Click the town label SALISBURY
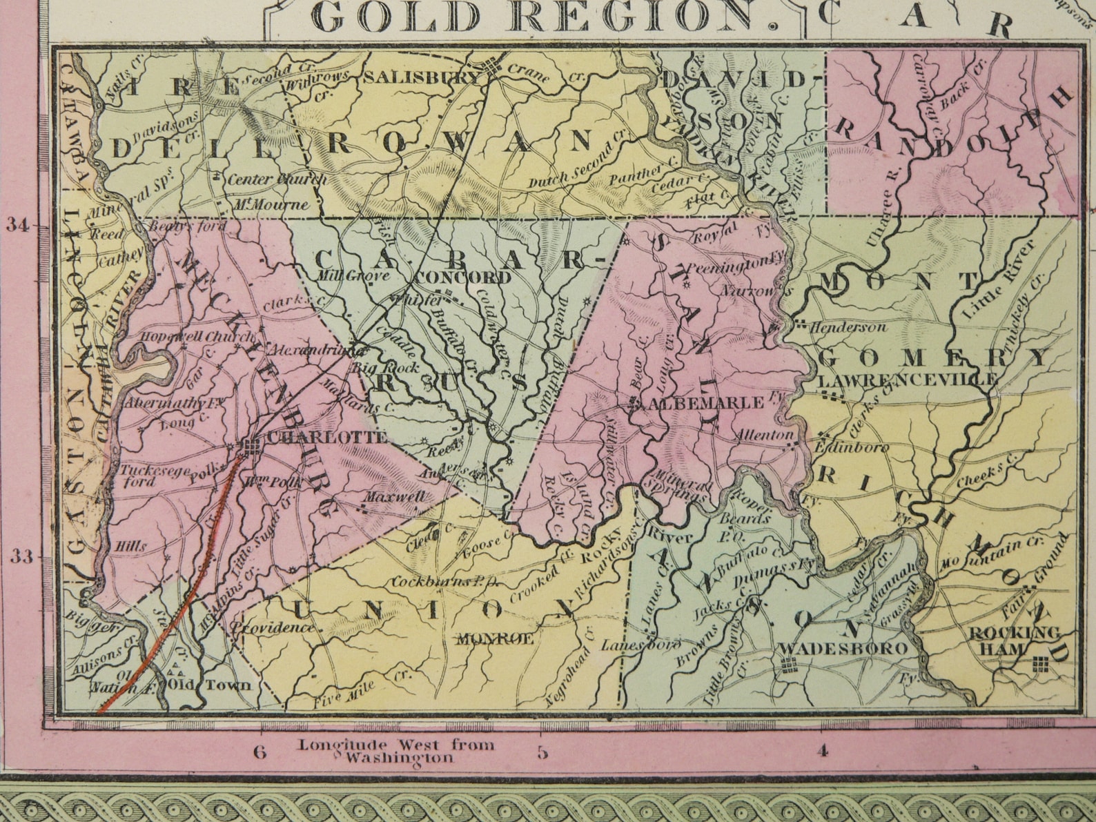421,77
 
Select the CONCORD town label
464,278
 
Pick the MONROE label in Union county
496,638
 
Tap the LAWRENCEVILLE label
906,380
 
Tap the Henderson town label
848,327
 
